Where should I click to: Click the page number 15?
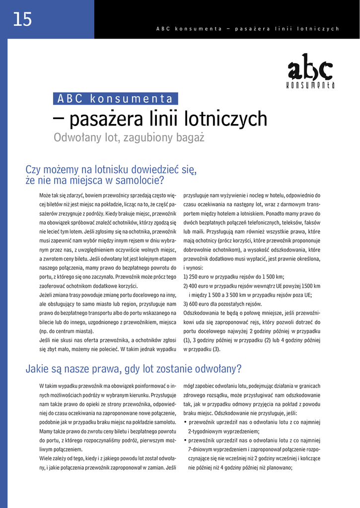click(22, 19)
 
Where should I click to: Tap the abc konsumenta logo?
click(310, 71)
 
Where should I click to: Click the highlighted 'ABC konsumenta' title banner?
click(115, 98)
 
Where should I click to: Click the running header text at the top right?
click(247, 29)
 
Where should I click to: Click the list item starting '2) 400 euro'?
click(252, 286)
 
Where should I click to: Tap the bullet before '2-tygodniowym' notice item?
click(185, 422)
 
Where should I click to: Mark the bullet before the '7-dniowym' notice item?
click(185, 440)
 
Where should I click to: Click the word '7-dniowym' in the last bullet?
click(204, 449)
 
